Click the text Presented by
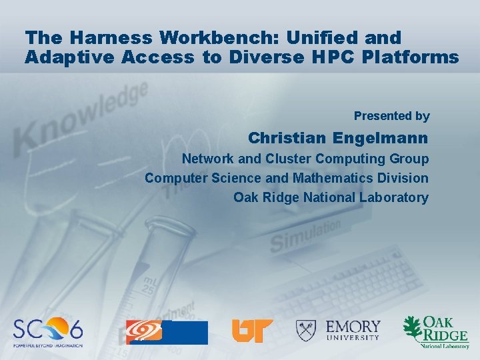click(391, 116)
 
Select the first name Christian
click(286, 139)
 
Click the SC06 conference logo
click(49, 331)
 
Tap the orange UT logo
click(251, 331)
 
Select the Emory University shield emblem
click(307, 330)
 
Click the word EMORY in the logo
click(353, 327)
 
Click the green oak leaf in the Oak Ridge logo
click(413, 329)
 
